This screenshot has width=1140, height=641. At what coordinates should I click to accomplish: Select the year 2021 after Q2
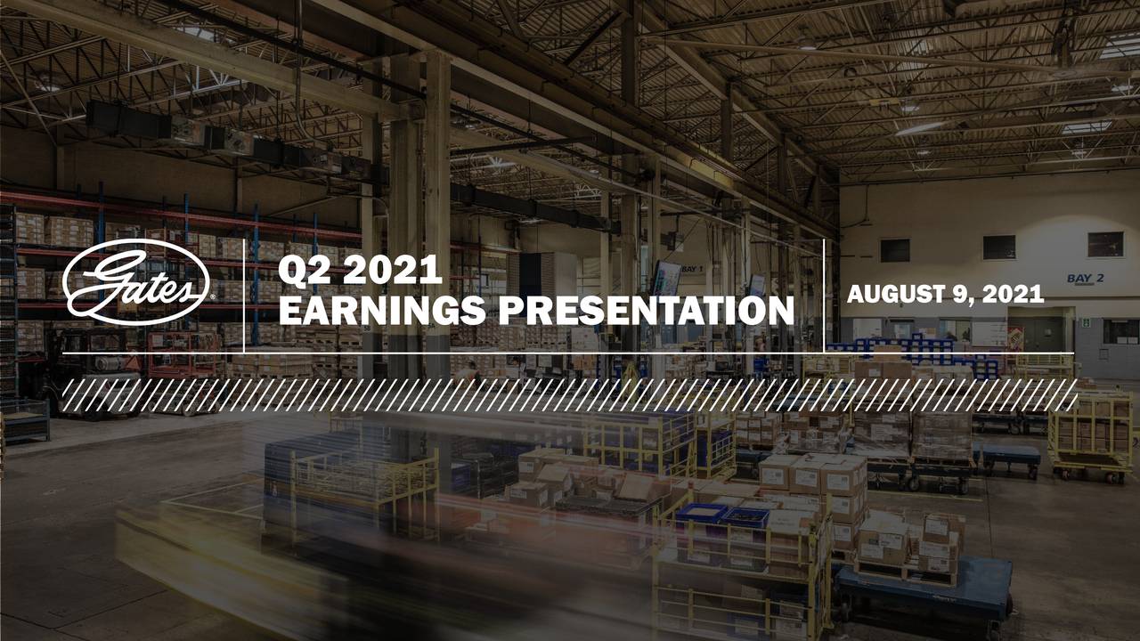point(391,271)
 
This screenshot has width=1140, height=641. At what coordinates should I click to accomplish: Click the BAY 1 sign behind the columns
point(692,268)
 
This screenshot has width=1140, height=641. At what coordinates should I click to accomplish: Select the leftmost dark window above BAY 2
point(895,250)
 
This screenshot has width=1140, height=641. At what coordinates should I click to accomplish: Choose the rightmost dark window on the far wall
point(1104,244)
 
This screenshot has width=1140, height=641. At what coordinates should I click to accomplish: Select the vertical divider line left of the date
point(824,296)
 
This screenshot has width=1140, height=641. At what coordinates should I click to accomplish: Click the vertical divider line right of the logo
point(243,296)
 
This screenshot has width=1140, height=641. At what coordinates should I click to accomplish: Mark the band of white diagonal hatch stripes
point(570,394)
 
